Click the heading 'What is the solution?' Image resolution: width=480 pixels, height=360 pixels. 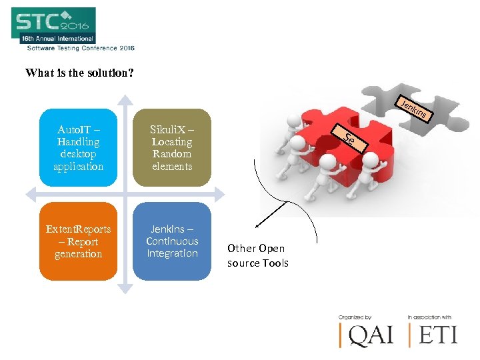(79, 73)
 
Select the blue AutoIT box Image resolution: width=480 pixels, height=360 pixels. (79, 147)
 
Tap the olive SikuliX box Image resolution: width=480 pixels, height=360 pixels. (172, 147)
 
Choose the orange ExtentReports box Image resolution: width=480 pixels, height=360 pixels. (79, 241)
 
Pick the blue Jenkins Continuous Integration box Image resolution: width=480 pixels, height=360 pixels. (172, 241)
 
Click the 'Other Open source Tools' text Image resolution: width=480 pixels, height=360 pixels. (258, 255)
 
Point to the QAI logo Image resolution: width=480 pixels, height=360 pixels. (367, 333)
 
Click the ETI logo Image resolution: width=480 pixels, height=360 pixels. (437, 333)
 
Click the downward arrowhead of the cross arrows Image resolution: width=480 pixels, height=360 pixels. (125, 288)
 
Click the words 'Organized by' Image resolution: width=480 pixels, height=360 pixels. (355, 317)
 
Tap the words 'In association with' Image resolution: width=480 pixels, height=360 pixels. (430, 317)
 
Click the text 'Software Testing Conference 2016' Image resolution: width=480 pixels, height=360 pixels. (81, 48)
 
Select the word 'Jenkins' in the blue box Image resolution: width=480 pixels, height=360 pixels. (167, 229)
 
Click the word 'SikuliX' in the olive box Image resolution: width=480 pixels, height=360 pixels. (167, 129)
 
